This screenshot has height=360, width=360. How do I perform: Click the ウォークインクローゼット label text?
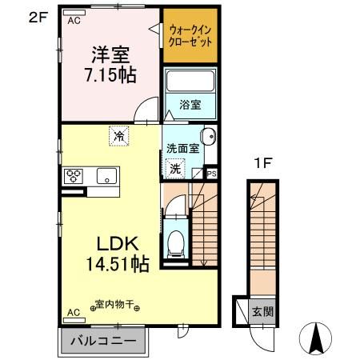click(190, 36)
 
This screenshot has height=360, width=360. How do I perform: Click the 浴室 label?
click(190, 103)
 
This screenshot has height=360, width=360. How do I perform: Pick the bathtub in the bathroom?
click(190, 82)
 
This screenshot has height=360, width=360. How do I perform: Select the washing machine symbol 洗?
click(175, 168)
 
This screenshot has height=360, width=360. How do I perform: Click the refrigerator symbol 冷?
click(118, 137)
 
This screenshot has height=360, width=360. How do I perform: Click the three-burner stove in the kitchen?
click(73, 175)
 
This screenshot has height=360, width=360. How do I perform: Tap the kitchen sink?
click(106, 175)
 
